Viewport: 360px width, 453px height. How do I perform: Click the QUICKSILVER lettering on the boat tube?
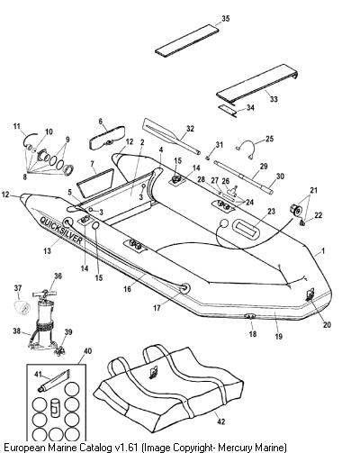pos(61,231)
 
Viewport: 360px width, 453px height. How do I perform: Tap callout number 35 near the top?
pos(226,19)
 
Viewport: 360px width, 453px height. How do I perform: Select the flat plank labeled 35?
pos(187,41)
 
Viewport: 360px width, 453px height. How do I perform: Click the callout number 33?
pos(274,99)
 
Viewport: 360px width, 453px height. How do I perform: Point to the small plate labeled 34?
pos(227,111)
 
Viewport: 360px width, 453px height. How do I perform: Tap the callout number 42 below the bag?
pos(221,421)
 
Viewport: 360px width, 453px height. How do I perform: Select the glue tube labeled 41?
pos(54,382)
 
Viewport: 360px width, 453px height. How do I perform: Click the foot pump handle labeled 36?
pos(45,293)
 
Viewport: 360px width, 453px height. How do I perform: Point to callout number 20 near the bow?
pos(327,324)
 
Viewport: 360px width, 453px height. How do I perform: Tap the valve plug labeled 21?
pos(295,209)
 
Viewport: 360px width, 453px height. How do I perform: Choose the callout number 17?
pos(157,308)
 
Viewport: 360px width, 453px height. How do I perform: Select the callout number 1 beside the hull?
pos(323,250)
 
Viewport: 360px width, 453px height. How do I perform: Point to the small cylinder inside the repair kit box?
pos(55,408)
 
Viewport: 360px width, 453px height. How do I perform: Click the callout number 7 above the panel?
pos(92,164)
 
